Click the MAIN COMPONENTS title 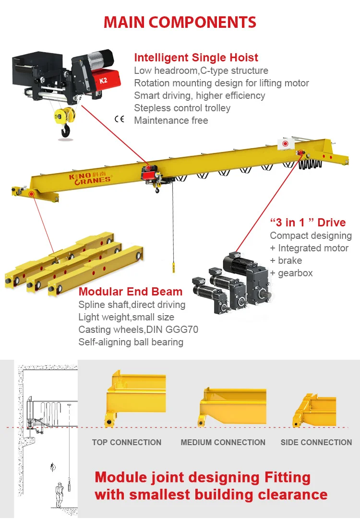pos(180,22)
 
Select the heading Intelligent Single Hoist pos(196,58)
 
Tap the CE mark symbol pos(119,119)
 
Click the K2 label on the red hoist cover pos(103,81)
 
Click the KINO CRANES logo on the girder pos(89,178)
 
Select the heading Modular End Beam pos(131,292)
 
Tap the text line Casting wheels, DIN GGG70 pos(138,330)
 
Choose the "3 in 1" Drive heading pos(308,223)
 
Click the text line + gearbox pos(291,273)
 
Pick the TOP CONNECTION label pos(127,442)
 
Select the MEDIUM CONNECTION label pos(223,442)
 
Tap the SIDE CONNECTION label pos(316,442)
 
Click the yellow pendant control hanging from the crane pos(173,267)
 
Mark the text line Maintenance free pos(171,120)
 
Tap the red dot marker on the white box pos(285,143)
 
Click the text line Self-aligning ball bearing pos(131,342)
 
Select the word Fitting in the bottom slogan pos(288,478)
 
